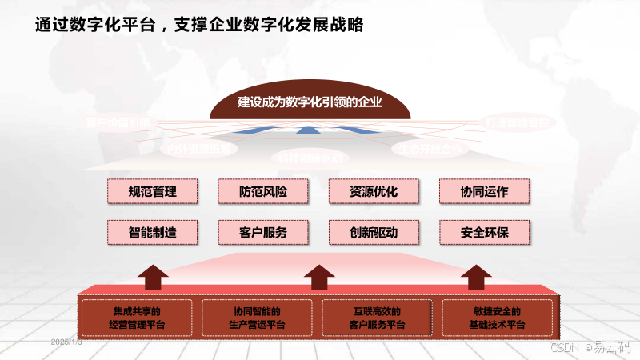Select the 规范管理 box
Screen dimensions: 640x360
point(152,191)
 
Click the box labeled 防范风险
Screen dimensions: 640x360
point(262,191)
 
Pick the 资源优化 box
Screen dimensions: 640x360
point(374,191)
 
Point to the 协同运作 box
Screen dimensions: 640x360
point(485,191)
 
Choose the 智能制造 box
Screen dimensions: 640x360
point(152,232)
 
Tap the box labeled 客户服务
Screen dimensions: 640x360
point(262,232)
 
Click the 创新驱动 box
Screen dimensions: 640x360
point(374,232)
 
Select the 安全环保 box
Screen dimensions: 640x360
point(485,232)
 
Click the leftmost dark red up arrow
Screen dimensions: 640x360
point(152,277)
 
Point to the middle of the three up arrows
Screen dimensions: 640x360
point(319,277)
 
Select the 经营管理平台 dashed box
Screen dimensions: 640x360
point(137,318)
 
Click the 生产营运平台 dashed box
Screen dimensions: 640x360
point(257,318)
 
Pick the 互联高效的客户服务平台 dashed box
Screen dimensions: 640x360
point(377,318)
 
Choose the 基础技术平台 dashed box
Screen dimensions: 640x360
point(497,318)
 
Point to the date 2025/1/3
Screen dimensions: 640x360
point(66,342)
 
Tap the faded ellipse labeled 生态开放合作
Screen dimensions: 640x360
point(430,149)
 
